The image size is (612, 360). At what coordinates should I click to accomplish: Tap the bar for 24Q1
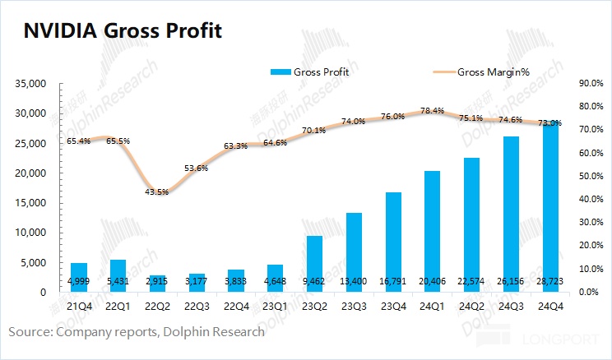(433, 231)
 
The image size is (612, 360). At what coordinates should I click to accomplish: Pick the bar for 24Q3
(512, 214)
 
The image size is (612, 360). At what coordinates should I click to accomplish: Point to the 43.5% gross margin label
(156, 192)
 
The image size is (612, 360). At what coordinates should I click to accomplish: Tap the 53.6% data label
(196, 168)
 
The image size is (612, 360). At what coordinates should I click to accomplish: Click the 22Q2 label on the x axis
(156, 306)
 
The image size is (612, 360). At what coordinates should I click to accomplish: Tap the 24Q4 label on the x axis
(551, 306)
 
